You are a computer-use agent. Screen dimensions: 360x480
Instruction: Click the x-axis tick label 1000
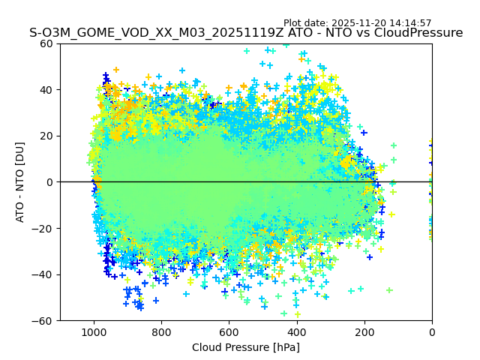[x=94, y=332]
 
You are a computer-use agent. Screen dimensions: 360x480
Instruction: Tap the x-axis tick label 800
[x=161, y=332]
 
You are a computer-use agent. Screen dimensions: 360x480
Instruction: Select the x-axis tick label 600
[x=229, y=332]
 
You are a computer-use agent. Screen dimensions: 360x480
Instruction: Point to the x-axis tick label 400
[x=296, y=332]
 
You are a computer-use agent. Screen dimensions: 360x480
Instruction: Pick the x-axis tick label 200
[x=364, y=332]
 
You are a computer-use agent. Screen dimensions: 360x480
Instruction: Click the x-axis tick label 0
[x=431, y=332]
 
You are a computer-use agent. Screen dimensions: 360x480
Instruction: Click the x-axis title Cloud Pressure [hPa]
[x=246, y=347]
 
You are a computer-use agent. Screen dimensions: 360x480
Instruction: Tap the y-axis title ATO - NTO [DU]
[x=21, y=182]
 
